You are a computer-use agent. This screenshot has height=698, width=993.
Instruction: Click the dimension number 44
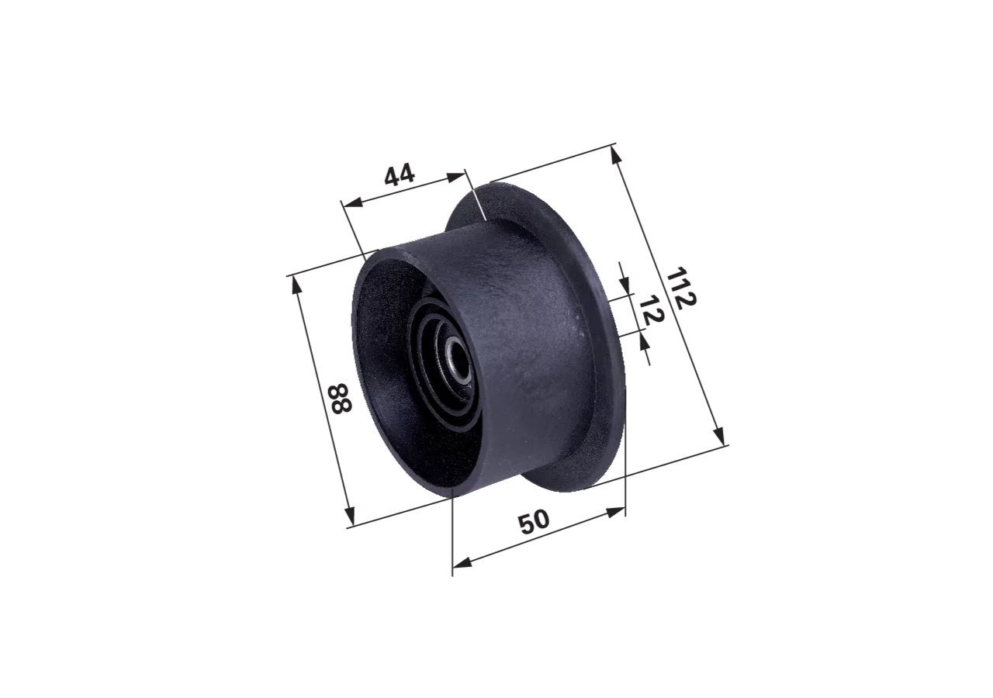(x=400, y=174)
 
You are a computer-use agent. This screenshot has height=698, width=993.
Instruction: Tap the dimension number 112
(x=681, y=287)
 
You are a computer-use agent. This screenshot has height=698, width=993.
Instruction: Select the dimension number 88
(x=340, y=399)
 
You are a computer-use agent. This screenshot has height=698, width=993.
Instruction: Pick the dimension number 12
(x=652, y=311)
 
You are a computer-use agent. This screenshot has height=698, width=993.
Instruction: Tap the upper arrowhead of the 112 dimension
(x=616, y=154)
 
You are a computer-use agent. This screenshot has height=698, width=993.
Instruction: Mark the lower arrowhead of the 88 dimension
(x=350, y=515)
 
